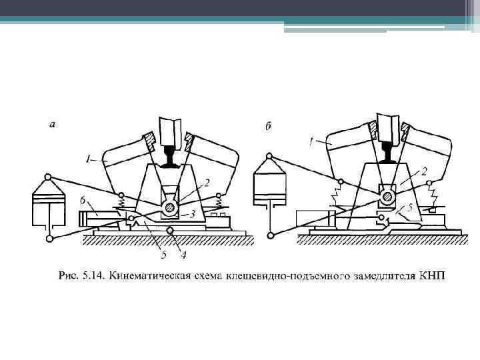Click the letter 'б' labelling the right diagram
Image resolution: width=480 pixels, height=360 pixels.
[268, 127]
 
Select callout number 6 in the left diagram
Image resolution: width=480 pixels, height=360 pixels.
[82, 199]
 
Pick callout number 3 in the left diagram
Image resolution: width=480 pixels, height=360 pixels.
[193, 213]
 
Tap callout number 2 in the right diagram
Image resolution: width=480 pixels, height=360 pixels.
[424, 171]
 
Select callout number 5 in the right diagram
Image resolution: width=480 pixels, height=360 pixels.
[411, 207]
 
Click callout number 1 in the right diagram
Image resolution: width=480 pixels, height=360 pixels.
[311, 140]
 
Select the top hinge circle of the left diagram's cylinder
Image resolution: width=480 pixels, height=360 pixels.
[48, 178]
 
